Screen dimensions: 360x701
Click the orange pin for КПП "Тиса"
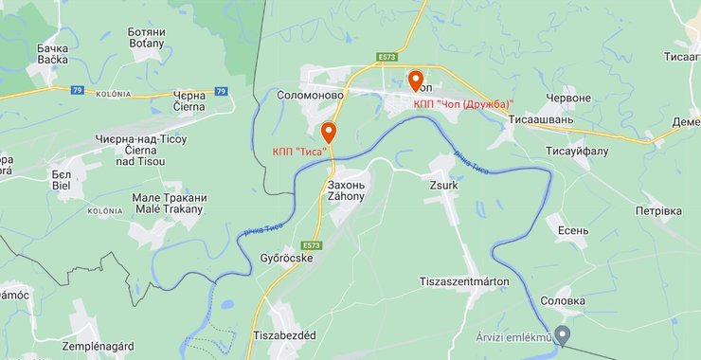coord(328,132)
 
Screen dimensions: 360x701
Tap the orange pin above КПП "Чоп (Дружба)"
coord(415,80)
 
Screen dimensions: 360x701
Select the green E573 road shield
coord(386,57)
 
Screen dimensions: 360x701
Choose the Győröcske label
coord(286,257)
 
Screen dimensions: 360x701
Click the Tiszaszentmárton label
coord(463,281)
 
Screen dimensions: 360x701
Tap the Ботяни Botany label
coord(146,37)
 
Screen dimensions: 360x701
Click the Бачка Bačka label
coord(52,53)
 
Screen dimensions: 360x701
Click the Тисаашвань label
coord(541,120)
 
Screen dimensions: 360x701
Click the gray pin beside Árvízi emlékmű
coord(562,334)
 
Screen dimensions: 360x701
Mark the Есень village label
coord(573,230)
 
